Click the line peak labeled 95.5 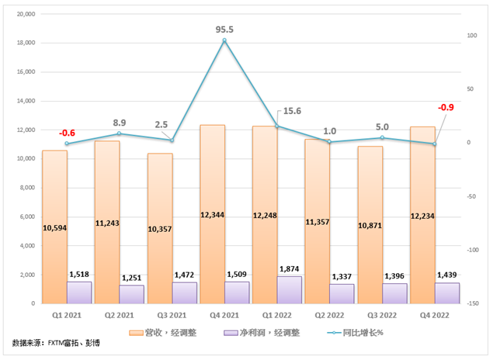224,40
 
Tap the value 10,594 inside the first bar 54,227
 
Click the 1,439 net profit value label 447,275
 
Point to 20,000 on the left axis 26,14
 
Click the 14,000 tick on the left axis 26,101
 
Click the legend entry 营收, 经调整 166,332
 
